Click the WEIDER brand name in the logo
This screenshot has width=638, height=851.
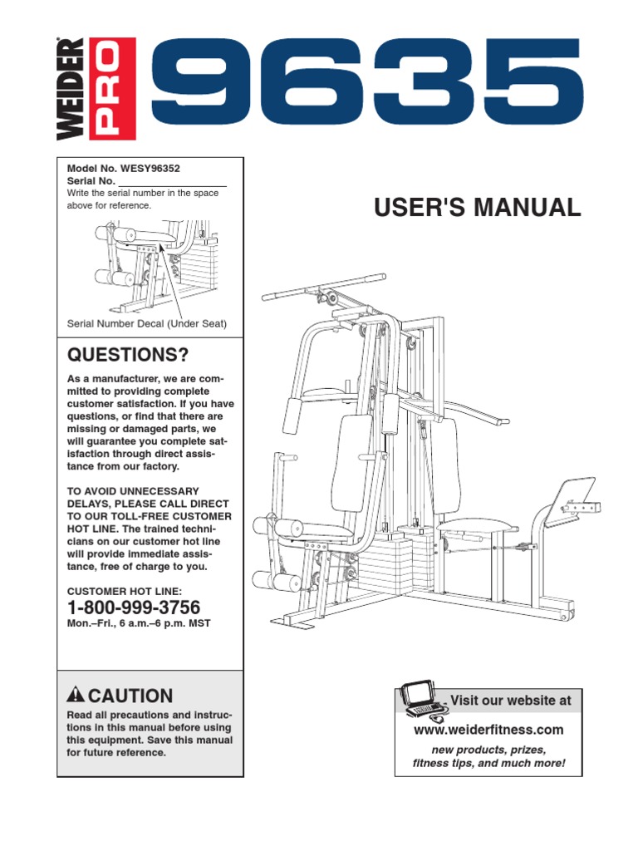point(71,89)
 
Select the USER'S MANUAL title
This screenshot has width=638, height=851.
point(478,208)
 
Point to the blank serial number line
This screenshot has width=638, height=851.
point(173,181)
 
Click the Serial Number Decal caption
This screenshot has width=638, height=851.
point(146,323)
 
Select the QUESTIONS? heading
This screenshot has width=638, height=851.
point(127,356)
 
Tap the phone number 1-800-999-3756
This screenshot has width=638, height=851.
point(133,608)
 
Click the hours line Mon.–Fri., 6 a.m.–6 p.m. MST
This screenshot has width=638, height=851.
point(138,623)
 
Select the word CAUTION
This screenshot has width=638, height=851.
point(130,696)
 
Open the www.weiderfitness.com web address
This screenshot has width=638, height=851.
point(488,730)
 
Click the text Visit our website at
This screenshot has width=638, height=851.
point(510,701)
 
